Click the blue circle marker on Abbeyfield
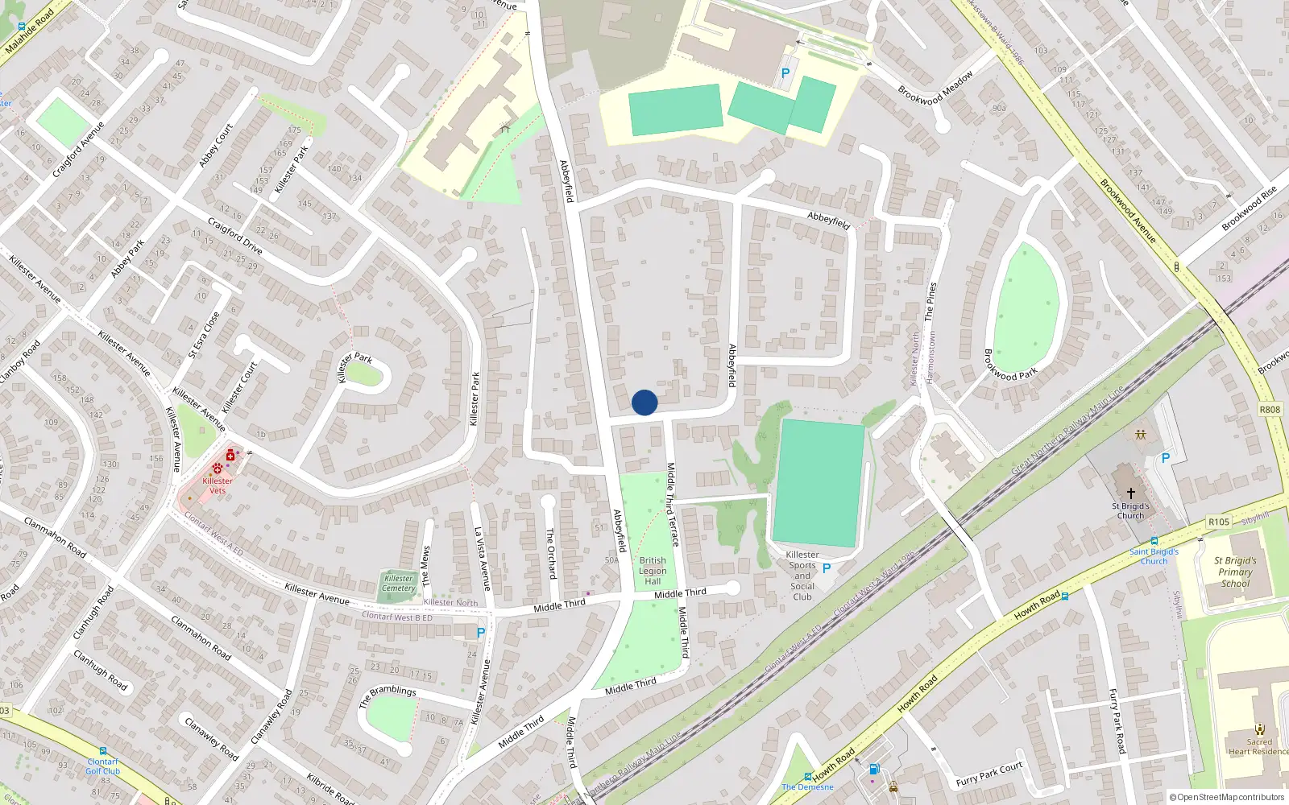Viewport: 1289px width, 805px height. click(x=644, y=402)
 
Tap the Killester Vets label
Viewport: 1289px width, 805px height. click(x=218, y=485)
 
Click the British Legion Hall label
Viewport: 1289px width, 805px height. click(x=653, y=571)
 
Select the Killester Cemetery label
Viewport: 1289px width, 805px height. click(x=399, y=583)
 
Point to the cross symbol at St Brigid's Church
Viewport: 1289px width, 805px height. click(x=1130, y=493)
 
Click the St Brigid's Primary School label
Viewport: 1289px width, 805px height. click(x=1235, y=572)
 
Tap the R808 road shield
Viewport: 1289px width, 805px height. click(x=1270, y=410)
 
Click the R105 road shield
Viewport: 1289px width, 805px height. click(x=1219, y=522)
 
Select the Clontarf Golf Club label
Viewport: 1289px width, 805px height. click(x=103, y=766)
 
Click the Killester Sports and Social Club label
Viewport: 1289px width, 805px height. click(x=802, y=576)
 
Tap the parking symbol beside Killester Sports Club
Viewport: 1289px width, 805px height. click(x=827, y=568)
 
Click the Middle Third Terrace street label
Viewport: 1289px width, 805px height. click(x=672, y=505)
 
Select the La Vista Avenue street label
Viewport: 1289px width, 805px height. click(x=483, y=559)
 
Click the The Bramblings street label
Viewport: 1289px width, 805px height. click(x=388, y=696)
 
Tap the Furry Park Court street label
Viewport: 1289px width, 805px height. click(x=989, y=774)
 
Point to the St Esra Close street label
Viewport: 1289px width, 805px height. click(x=204, y=335)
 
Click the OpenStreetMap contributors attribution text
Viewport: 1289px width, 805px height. click(x=1227, y=797)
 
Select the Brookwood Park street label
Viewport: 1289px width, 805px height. click(x=1010, y=364)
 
